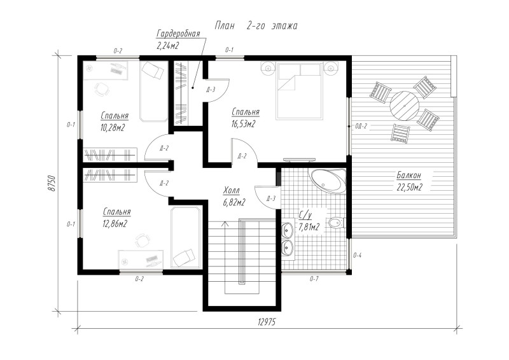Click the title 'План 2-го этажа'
(x=256, y=25)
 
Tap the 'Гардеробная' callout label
(x=178, y=34)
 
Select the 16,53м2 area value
(x=244, y=123)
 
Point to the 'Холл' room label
(x=232, y=190)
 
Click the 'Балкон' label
(x=408, y=176)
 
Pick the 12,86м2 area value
(x=115, y=224)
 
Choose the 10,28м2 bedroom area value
(x=113, y=128)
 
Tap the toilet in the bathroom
(x=337, y=223)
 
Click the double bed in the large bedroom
(x=299, y=90)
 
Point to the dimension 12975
(x=267, y=322)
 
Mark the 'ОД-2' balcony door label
(x=361, y=127)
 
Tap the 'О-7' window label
(x=314, y=278)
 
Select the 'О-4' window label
(x=357, y=256)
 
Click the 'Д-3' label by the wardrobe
(x=211, y=90)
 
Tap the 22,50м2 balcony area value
(x=409, y=187)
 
